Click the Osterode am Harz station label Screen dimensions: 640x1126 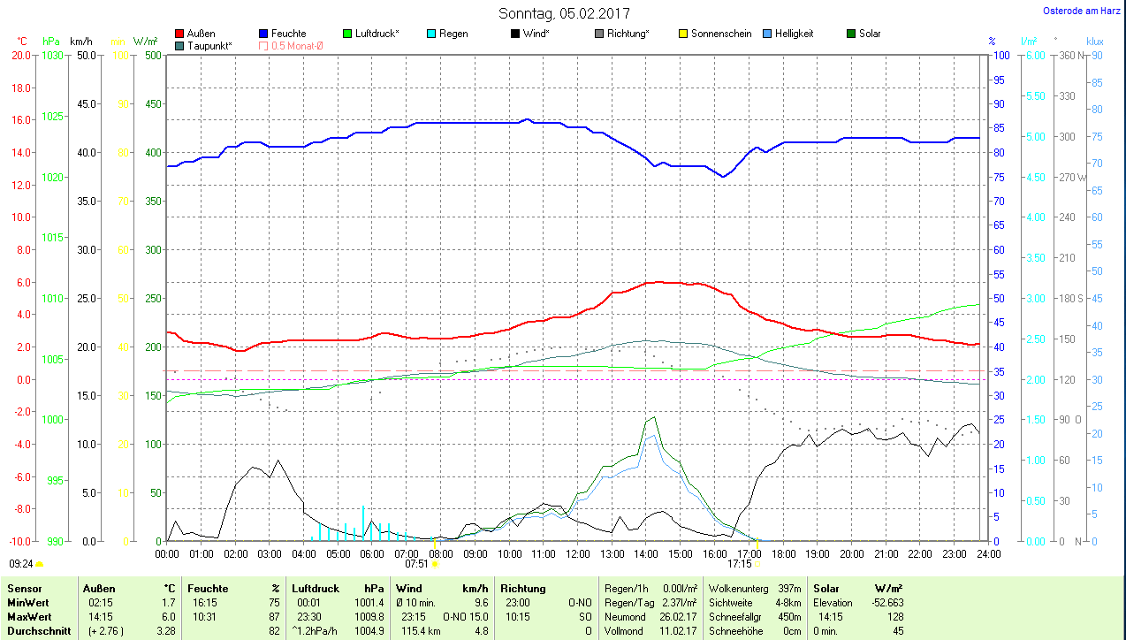tap(1082, 11)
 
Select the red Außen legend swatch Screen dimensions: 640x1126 tap(180, 34)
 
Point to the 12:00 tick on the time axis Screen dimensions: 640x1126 tap(577, 554)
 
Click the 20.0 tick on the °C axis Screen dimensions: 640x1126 tap(20, 55)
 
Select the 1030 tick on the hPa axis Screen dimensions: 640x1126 tap(53, 55)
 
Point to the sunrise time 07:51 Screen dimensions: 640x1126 tap(416, 563)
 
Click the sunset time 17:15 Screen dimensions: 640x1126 tap(739, 563)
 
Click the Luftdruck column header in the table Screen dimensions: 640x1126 tap(315, 588)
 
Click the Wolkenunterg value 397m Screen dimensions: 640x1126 tap(789, 588)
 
